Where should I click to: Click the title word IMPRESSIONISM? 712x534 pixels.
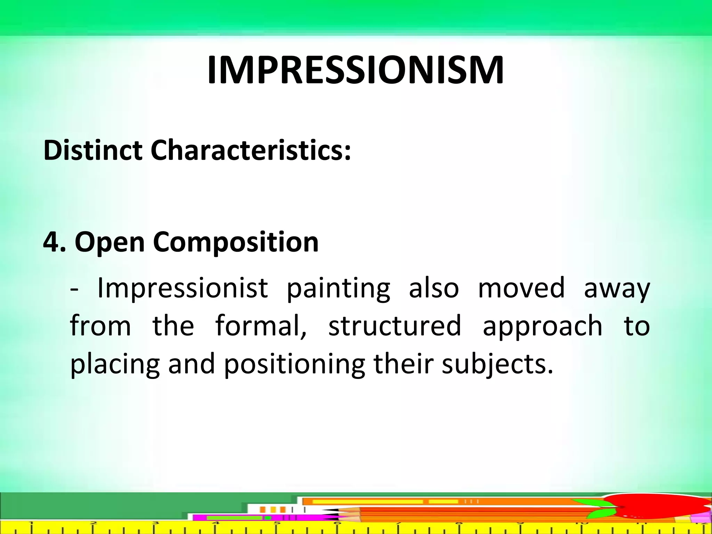355,71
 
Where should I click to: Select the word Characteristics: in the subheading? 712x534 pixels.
251,151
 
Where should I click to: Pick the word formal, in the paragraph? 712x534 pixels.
261,326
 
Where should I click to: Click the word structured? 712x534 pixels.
395,326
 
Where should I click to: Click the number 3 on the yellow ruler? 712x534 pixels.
155,523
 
